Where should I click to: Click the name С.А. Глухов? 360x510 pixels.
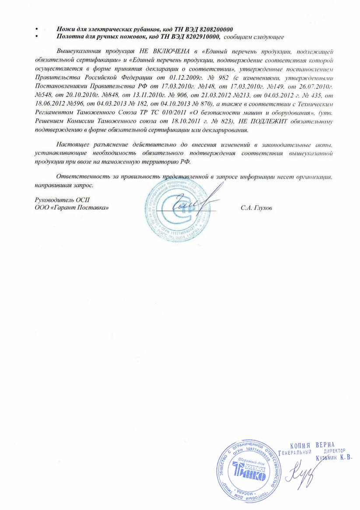coord(256,208)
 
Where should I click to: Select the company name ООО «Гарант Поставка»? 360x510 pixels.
coord(71,208)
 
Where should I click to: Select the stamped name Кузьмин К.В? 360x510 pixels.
coord(334,457)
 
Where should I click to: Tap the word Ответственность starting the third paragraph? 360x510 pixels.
coord(81,176)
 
